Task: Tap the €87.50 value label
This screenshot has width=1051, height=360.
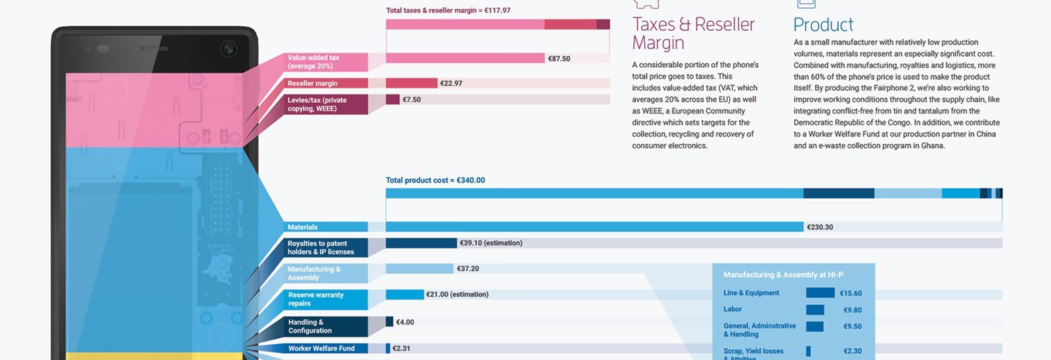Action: tap(559, 58)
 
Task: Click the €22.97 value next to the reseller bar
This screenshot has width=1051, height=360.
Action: tap(451, 83)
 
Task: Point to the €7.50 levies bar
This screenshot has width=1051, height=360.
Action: tap(392, 99)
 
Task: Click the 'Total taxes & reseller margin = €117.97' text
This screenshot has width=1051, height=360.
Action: tap(448, 11)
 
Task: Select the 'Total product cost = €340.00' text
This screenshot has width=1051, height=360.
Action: tap(435, 180)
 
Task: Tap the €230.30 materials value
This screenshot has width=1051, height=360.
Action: tap(820, 227)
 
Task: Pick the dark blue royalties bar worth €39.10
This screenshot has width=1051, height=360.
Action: tap(420, 243)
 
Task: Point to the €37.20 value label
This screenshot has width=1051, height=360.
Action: tap(468, 269)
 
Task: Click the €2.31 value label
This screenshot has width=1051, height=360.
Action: tap(401, 348)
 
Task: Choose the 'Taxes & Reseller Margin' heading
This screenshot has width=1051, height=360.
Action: tap(693, 34)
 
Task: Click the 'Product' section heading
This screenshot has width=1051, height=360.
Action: tap(823, 25)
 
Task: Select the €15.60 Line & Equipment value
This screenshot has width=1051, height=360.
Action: tap(851, 294)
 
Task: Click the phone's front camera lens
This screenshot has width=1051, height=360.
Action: tap(229, 49)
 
